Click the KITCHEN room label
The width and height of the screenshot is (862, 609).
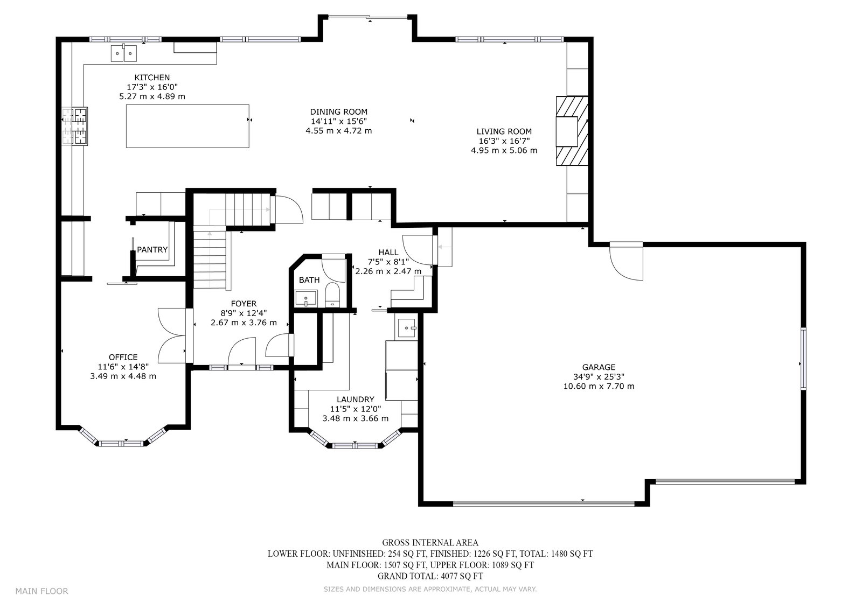(152, 78)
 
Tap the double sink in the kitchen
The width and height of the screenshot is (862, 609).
(124, 53)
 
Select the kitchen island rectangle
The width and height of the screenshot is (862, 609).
(187, 126)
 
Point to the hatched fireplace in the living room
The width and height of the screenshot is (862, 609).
(572, 131)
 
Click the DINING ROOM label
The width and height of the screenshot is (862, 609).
(339, 112)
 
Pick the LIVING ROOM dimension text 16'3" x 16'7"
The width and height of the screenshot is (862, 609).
(504, 141)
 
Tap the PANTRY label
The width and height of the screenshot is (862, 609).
(152, 250)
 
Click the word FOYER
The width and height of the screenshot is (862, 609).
(244, 304)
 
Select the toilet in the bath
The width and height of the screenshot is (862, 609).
(332, 295)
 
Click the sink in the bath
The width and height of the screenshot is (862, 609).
(306, 298)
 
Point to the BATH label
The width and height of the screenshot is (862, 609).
(309, 280)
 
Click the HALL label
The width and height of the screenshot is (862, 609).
(388, 253)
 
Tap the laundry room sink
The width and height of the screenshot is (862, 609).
(407, 328)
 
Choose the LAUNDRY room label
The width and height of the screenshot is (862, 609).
(355, 400)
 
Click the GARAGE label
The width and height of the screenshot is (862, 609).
(599, 367)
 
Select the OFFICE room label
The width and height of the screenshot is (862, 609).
(123, 358)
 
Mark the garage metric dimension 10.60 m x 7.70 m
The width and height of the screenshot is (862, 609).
(599, 386)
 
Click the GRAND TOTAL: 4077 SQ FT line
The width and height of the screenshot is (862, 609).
(430, 576)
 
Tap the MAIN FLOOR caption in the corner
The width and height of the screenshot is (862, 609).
(42, 591)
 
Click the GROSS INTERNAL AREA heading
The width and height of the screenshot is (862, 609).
(430, 543)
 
